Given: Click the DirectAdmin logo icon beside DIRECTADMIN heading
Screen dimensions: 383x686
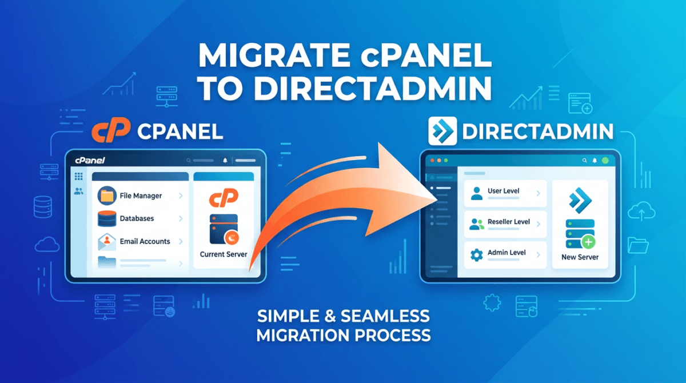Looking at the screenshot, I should pyautogui.click(x=442, y=131).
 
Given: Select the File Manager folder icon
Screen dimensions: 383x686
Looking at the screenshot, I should pyautogui.click(x=107, y=196).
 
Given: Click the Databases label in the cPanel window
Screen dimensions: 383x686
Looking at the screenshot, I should pyautogui.click(x=137, y=218).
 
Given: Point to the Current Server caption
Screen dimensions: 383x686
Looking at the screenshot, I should pyautogui.click(x=224, y=254).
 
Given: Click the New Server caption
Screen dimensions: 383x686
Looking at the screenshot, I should pyautogui.click(x=580, y=257).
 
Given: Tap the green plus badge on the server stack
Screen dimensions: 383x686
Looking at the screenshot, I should pyautogui.click(x=588, y=243).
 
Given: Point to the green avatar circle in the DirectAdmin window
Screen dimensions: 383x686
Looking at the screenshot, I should pyautogui.click(x=605, y=161).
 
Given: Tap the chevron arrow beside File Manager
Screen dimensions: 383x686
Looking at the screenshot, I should pyautogui.click(x=181, y=196).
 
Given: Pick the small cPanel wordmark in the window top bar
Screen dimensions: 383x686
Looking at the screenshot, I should pyautogui.click(x=89, y=161).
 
